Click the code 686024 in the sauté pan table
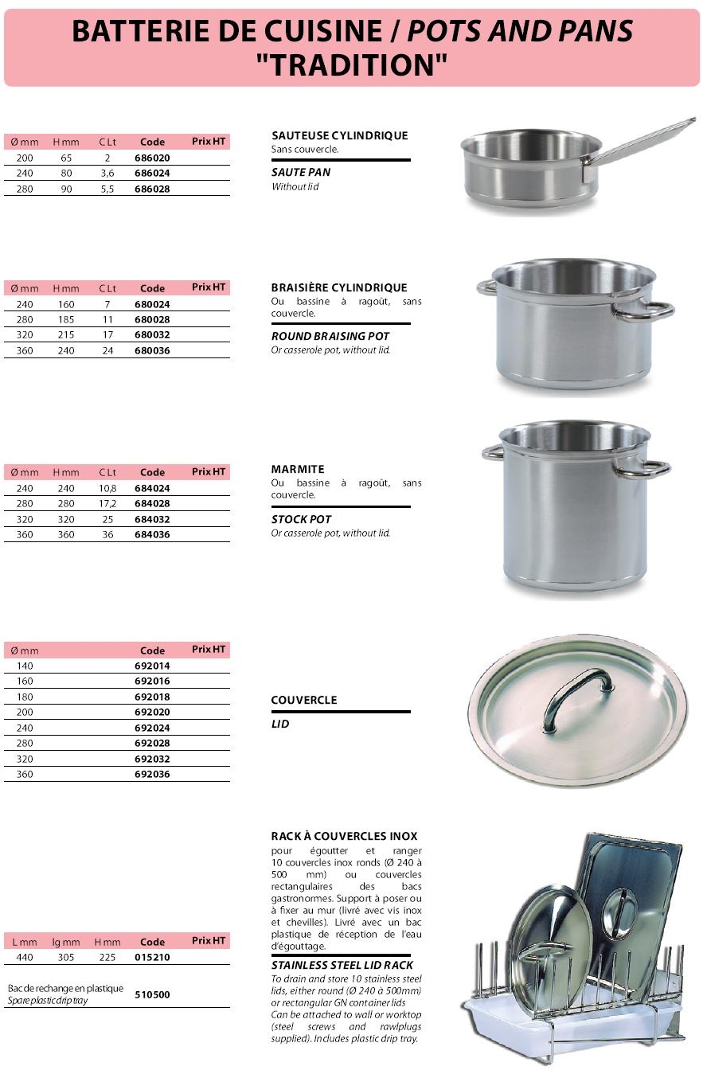coord(152,174)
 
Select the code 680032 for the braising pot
coord(152,335)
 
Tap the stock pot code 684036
coord(152,535)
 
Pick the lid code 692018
coord(152,697)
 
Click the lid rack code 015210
coord(152,958)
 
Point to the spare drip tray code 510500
coord(152,994)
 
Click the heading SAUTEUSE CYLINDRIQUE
coord(339,135)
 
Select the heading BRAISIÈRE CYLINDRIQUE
coord(339,287)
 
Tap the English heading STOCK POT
coord(301,519)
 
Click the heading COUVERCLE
coord(304,700)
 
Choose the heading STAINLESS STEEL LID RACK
coord(342,965)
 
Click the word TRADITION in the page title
coord(351,64)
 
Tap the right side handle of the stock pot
coord(645,469)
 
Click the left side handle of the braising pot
coord(486,287)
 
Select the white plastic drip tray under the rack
coord(557,1027)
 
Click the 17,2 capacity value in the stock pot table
coord(107,504)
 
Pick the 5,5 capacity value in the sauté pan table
coord(107,189)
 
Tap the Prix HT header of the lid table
coord(209,650)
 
